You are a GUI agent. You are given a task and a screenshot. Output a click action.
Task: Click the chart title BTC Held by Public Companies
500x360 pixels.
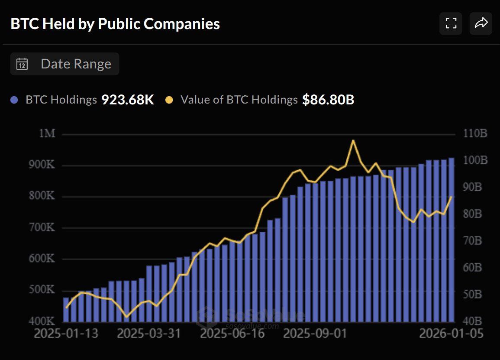click(x=115, y=24)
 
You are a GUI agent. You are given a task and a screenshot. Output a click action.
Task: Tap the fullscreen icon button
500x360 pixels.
click(x=451, y=23)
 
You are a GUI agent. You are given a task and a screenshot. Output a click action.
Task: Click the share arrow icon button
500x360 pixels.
click(x=481, y=23)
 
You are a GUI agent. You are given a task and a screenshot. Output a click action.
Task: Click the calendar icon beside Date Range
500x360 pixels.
click(x=22, y=64)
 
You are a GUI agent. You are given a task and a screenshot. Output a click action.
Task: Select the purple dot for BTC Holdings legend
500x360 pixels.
click(x=14, y=100)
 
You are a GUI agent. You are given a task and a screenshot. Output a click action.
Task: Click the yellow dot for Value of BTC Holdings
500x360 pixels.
click(x=169, y=100)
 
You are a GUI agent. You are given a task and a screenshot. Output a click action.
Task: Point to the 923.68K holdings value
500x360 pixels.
click(x=128, y=100)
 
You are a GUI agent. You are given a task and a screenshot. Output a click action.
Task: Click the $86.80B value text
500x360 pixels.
click(x=328, y=100)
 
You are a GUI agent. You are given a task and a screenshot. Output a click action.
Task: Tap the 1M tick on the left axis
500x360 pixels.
click(x=47, y=133)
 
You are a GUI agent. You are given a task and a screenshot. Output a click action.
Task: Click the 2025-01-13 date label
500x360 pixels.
click(x=66, y=334)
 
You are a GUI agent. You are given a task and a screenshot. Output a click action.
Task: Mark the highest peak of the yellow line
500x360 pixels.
click(x=353, y=140)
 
